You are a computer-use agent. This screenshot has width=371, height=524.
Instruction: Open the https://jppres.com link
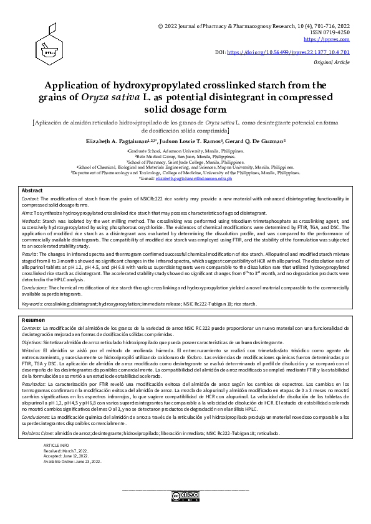(x=335, y=39)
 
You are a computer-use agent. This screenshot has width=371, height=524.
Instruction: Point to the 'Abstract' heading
(x=32, y=190)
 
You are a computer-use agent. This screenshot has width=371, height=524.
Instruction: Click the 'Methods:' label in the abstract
(x=32, y=221)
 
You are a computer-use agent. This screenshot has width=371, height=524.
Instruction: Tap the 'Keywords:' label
(x=32, y=304)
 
